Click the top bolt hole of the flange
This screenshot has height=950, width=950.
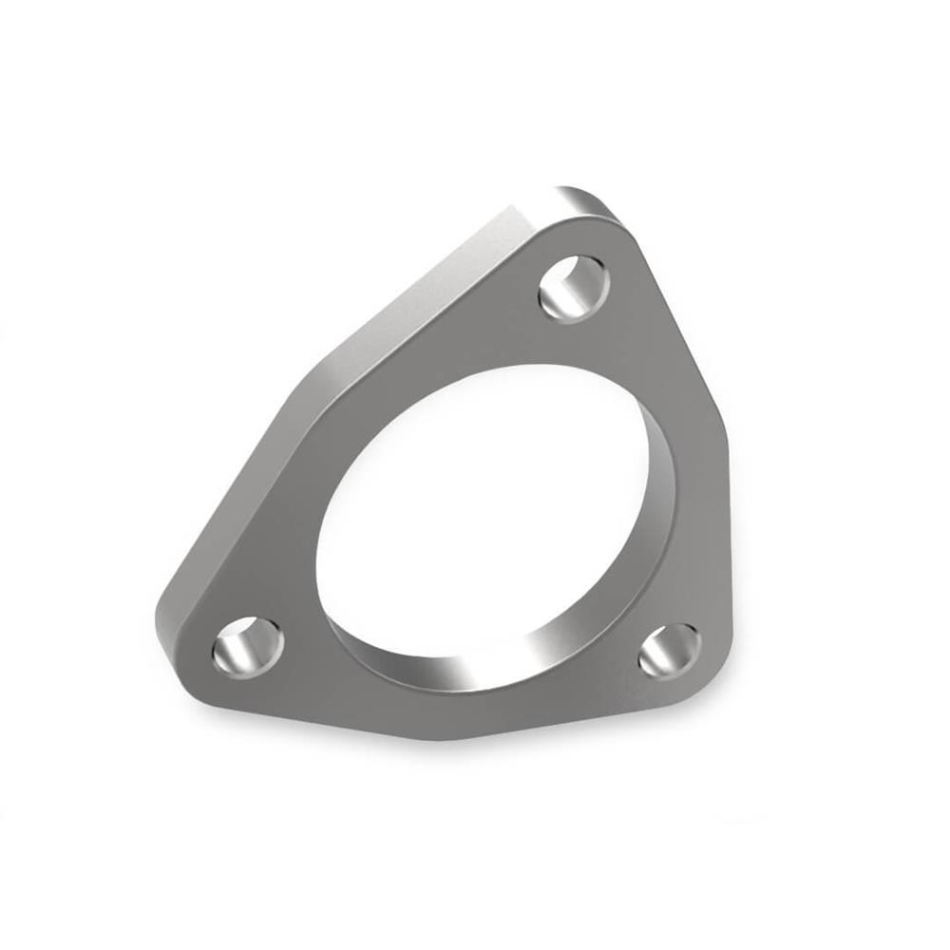click(573, 288)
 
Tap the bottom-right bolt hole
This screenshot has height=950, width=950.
click(670, 651)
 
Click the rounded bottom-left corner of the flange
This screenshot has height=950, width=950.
click(180, 655)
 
